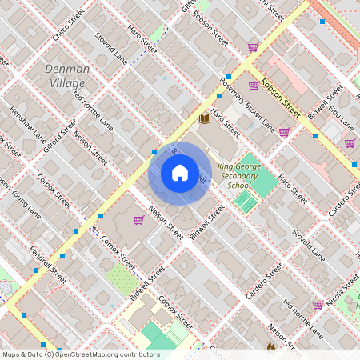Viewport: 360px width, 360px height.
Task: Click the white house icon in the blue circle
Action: pyautogui.click(x=180, y=173)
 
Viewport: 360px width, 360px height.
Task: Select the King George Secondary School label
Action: pyautogui.click(x=238, y=176)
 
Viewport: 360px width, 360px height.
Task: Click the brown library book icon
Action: pyautogui.click(x=205, y=118)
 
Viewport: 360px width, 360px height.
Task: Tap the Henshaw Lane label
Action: pyautogui.click(x=27, y=126)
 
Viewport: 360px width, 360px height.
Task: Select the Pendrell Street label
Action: pyautogui.click(x=48, y=265)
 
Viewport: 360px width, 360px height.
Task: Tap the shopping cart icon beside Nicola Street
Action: pyautogui.click(x=318, y=304)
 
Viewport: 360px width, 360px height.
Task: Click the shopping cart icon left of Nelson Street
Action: pyautogui.click(x=138, y=220)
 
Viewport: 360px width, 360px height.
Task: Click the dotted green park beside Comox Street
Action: pyautogui.click(x=122, y=278)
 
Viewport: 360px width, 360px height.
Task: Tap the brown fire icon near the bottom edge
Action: pyautogui.click(x=270, y=348)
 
